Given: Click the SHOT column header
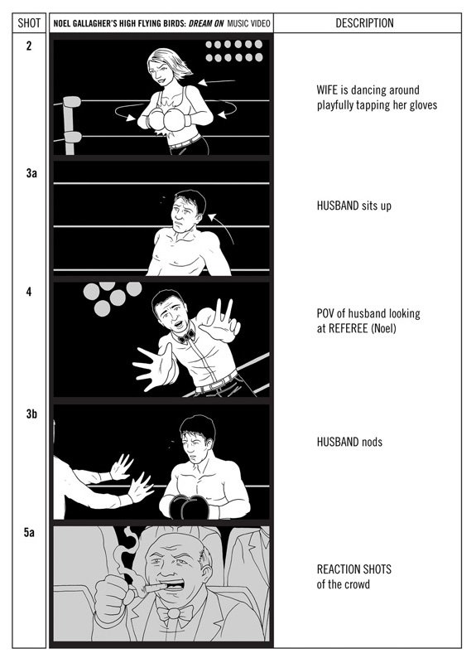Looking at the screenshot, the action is [29, 23].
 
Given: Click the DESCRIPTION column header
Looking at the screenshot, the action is [364, 23].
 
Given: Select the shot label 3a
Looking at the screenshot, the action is [31, 173].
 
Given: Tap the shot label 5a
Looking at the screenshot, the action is [29, 532].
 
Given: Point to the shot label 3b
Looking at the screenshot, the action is [31, 414].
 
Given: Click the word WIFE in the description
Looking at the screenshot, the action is [327, 90].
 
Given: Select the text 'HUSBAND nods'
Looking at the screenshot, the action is [349, 442].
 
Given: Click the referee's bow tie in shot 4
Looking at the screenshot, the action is [186, 336].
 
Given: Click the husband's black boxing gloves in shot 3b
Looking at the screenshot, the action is [190, 506].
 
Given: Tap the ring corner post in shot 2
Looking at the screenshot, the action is [70, 125].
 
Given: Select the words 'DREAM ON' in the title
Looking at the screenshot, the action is [206, 23].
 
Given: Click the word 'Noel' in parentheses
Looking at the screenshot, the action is [383, 328].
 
